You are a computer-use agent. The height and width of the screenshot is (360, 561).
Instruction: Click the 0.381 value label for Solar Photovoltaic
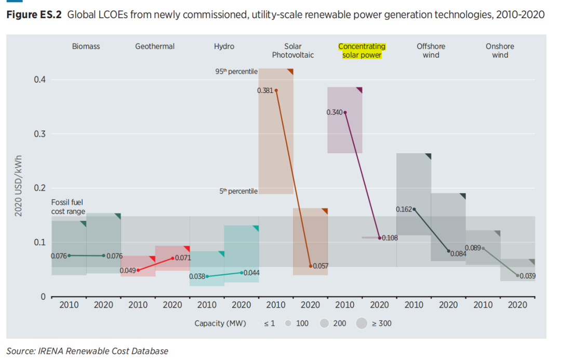(x=264, y=90)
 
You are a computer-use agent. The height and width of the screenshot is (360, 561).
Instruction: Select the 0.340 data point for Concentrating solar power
(x=345, y=112)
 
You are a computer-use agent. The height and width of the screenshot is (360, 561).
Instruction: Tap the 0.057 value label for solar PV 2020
(x=320, y=266)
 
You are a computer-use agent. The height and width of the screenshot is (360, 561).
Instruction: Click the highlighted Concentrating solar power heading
(x=362, y=50)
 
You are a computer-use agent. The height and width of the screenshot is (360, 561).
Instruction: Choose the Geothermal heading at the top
(x=155, y=46)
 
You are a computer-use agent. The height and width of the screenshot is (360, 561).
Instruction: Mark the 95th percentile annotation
(x=236, y=72)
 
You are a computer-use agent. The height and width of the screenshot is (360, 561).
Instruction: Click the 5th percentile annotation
(x=238, y=192)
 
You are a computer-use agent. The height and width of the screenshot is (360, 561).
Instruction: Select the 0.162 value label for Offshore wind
(x=404, y=209)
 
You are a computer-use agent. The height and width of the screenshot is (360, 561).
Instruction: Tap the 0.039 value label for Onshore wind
(x=528, y=276)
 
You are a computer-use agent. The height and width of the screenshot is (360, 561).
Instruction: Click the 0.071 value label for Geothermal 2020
(x=182, y=258)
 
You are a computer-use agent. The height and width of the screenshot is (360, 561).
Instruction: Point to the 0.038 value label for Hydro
(x=197, y=276)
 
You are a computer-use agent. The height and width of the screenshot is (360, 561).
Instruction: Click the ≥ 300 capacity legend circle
(x=362, y=324)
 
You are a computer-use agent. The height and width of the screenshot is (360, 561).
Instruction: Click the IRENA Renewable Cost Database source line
(x=87, y=351)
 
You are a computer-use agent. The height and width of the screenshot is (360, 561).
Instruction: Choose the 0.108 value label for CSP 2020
(x=390, y=238)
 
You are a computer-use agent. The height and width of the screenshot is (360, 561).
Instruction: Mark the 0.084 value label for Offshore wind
(x=458, y=254)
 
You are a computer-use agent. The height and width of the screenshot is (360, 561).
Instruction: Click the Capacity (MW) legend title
(x=217, y=324)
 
